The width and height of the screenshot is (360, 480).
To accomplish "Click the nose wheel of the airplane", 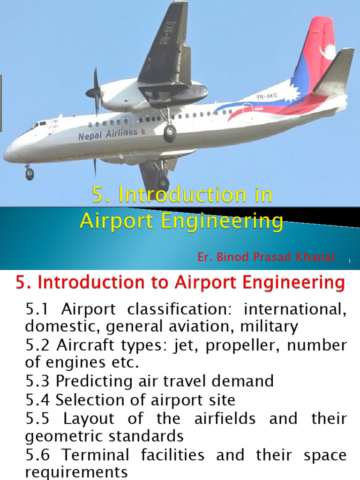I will coord(30,174).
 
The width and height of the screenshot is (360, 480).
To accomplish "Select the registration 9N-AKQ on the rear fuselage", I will coord(267,97).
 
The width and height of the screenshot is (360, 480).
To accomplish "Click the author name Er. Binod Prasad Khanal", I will coord(266,257).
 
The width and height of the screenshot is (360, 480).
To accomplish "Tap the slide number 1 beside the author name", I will coord(350,261).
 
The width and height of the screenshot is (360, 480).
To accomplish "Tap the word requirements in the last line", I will coord(76,472).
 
